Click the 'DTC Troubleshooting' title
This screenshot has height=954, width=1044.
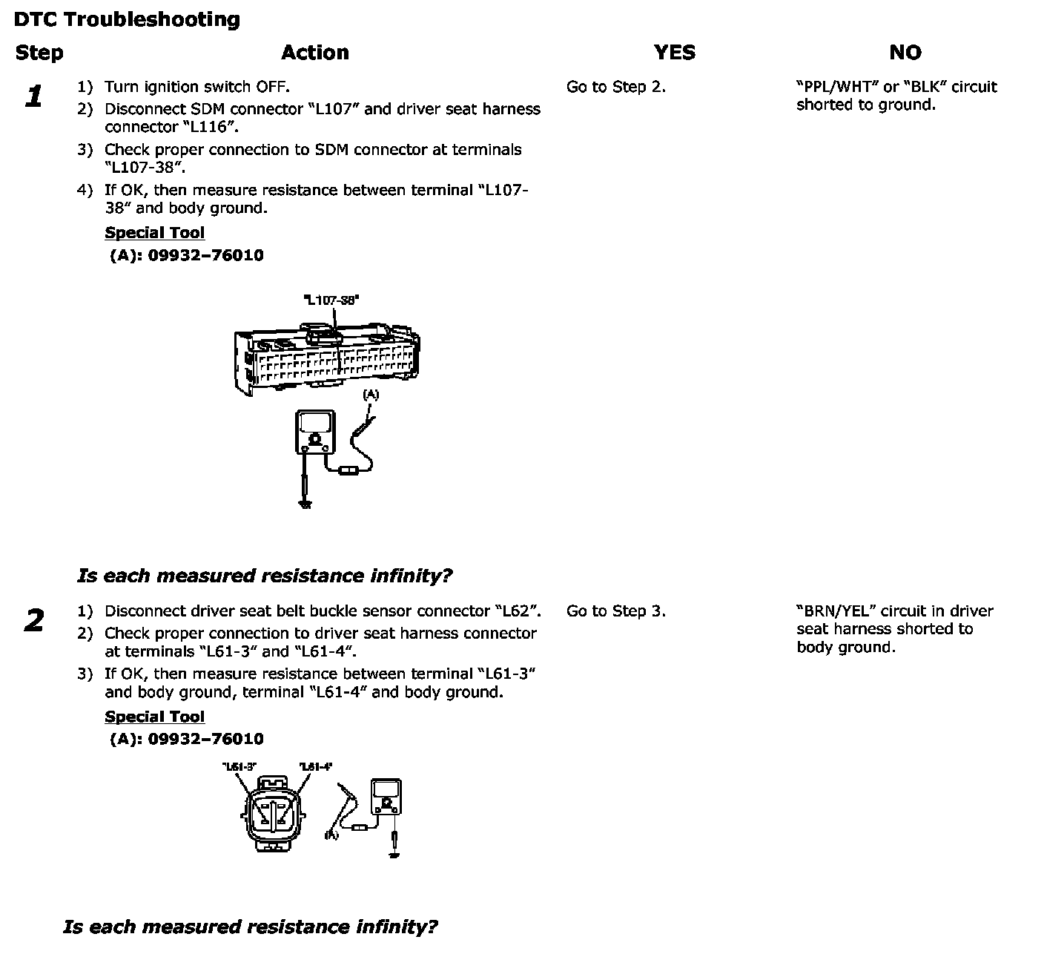click(x=127, y=19)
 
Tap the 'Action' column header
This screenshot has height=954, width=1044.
click(x=314, y=53)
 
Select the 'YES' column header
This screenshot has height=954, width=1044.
click(x=674, y=53)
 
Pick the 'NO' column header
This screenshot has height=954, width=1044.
click(x=905, y=53)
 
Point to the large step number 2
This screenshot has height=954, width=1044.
click(x=34, y=621)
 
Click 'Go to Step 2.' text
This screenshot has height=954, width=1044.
click(x=615, y=87)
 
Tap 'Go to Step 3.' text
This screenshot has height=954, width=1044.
click(x=615, y=611)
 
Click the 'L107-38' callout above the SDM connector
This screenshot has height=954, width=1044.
click(x=331, y=300)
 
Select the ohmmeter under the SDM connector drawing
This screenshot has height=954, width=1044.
click(x=315, y=432)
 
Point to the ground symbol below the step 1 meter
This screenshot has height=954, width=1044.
click(x=305, y=504)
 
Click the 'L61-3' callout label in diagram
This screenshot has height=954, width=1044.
click(x=239, y=766)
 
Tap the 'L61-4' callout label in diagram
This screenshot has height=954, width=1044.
click(x=316, y=766)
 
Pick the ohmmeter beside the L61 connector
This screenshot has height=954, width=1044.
click(x=386, y=796)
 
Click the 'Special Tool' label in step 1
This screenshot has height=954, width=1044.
click(x=154, y=233)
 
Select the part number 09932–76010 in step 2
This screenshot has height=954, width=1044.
click(x=205, y=739)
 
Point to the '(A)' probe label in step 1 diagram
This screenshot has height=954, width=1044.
click(x=371, y=395)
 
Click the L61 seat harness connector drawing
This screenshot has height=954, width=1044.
click(x=273, y=814)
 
